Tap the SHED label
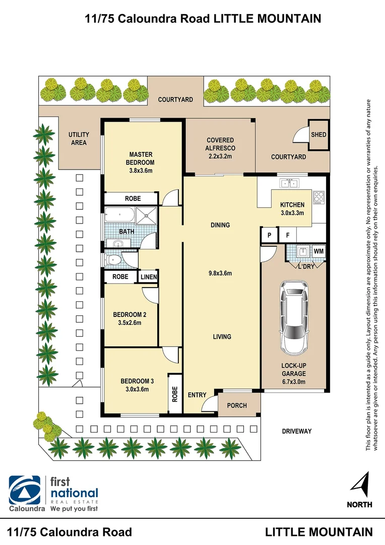click(x=318, y=135)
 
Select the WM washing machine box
click(x=318, y=251)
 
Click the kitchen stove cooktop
click(x=318, y=197)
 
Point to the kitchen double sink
click(x=290, y=184)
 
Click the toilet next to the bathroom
click(x=114, y=260)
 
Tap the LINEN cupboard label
click(x=149, y=277)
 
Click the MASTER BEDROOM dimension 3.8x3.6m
click(x=141, y=171)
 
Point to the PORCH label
click(x=237, y=405)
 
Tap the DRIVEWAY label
click(x=297, y=431)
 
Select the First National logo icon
click(x=25, y=490)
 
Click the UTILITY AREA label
click(x=79, y=139)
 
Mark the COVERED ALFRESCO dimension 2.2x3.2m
click(x=220, y=156)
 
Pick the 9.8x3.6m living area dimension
click(x=221, y=274)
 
